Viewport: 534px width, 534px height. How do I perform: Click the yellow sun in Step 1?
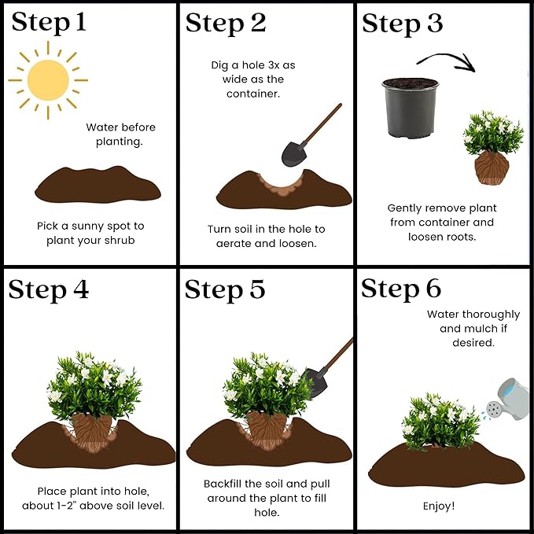coord(48,80)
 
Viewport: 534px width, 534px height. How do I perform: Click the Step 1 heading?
coord(49,23)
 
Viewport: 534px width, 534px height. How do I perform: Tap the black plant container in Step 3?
coord(411,108)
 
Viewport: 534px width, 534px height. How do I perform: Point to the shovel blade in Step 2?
coord(294,153)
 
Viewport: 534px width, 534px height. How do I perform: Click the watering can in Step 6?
coord(507,400)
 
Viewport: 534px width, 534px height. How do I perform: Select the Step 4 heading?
coord(49,290)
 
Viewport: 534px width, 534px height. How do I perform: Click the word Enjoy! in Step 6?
coord(439,506)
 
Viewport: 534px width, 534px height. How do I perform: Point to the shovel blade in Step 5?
coord(316,382)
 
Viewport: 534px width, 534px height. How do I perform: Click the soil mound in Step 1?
coord(98,184)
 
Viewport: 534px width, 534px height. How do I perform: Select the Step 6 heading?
coord(401,289)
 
